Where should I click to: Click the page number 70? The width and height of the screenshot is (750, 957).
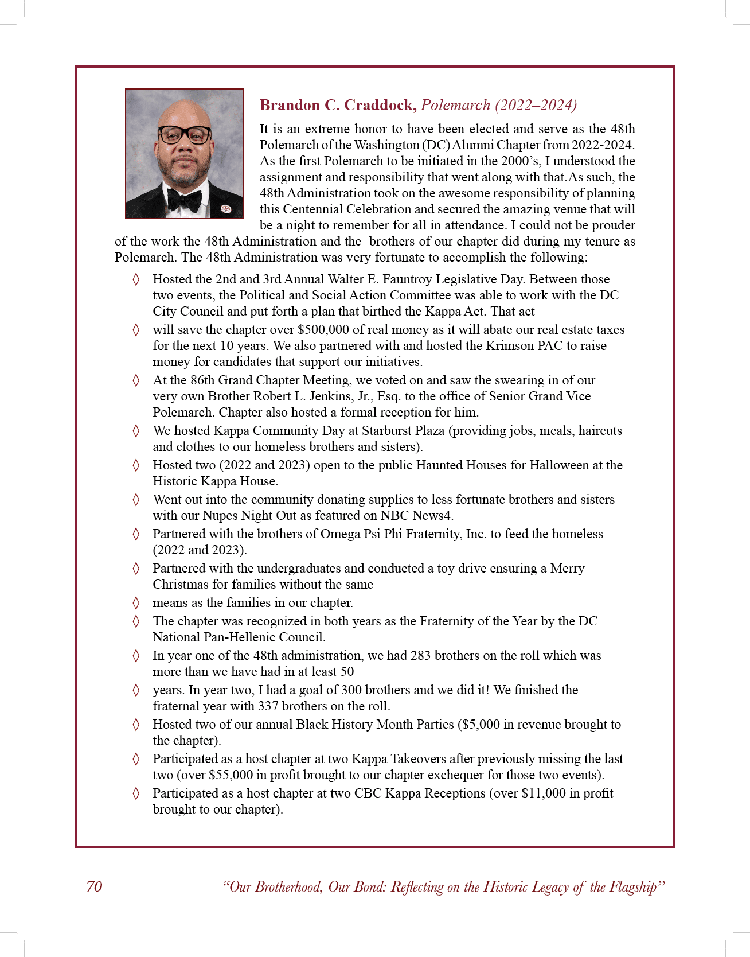[x=94, y=886]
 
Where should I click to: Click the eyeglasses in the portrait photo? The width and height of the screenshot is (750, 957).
[x=185, y=135]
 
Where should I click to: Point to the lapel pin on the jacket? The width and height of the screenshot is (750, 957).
[x=226, y=209]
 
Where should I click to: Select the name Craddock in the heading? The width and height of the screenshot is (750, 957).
[x=380, y=105]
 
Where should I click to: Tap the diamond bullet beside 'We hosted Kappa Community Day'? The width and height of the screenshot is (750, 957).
[x=136, y=431]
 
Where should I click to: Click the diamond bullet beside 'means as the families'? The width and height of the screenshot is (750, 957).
[x=136, y=603]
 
